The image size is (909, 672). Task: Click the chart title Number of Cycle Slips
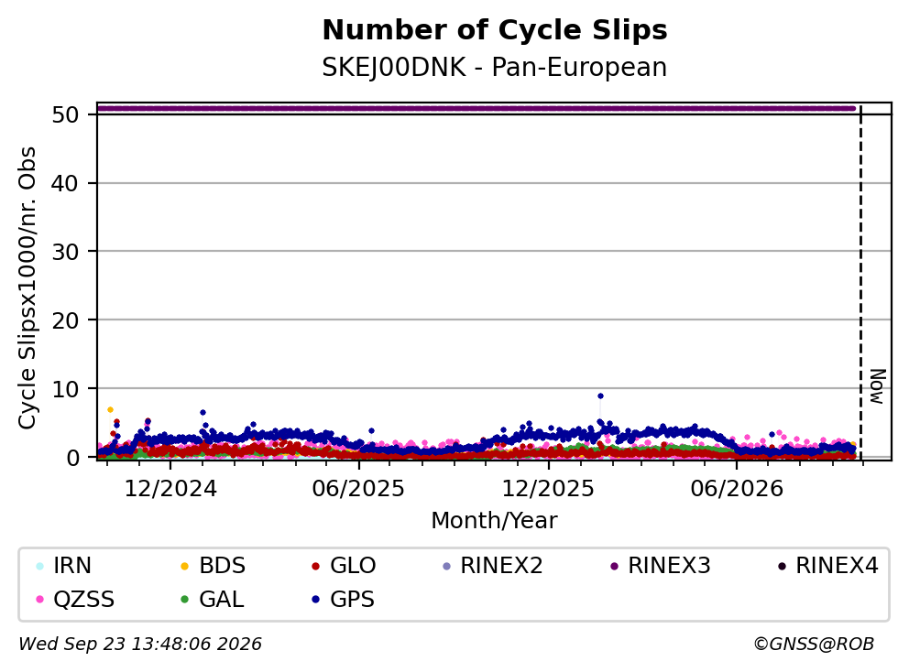[x=495, y=30]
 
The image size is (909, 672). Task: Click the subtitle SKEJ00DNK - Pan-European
[x=495, y=67]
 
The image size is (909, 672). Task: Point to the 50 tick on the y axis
[x=65, y=114]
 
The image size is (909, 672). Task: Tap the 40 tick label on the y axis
[x=65, y=184]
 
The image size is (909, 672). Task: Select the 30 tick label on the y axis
[x=65, y=252]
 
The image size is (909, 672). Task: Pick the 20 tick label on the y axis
[x=65, y=320]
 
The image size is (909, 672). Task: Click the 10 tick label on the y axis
[x=65, y=389]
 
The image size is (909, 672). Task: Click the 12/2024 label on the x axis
[x=170, y=489]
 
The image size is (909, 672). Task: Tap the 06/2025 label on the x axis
[x=358, y=489]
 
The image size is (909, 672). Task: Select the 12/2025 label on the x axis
[x=548, y=489]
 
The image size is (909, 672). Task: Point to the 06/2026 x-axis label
[x=736, y=489]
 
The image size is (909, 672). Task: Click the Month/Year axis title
[x=494, y=520]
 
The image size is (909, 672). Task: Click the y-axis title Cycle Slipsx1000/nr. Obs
[x=27, y=287]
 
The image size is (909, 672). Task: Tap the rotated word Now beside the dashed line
[x=878, y=386]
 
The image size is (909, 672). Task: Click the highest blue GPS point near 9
[x=600, y=396]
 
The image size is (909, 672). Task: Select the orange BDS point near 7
[x=110, y=409]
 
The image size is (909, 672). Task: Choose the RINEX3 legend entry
[x=661, y=566]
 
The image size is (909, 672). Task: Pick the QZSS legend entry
[x=75, y=599]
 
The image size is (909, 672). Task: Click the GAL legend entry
[x=213, y=599]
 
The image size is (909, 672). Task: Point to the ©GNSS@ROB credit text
[x=814, y=644]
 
